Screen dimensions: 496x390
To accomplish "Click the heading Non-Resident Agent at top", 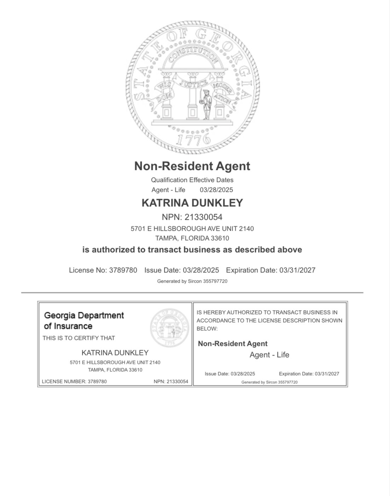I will click(192, 166).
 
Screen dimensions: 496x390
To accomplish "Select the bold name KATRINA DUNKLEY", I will click(192, 203).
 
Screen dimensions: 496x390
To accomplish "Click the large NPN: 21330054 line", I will click(192, 217).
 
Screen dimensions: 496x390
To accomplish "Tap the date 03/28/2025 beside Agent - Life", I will click(216, 190).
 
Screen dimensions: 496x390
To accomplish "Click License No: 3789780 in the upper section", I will click(103, 270).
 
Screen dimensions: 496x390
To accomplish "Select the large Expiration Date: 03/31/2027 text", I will click(270, 270).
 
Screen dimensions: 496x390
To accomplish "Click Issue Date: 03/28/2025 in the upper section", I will click(181, 270).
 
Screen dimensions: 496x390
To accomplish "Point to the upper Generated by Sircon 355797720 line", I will click(192, 282).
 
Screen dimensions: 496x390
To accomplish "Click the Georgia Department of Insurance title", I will click(84, 320).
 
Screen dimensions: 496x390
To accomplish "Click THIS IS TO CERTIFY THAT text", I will click(79, 338).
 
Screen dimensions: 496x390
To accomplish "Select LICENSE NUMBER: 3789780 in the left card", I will click(74, 382).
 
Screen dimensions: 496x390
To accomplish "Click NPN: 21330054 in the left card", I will click(171, 382).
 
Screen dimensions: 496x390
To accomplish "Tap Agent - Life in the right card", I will click(269, 355).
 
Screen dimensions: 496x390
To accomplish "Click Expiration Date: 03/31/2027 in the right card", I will click(309, 374).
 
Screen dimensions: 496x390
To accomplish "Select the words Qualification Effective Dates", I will click(192, 180).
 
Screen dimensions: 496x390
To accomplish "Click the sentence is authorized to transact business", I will click(192, 250).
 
